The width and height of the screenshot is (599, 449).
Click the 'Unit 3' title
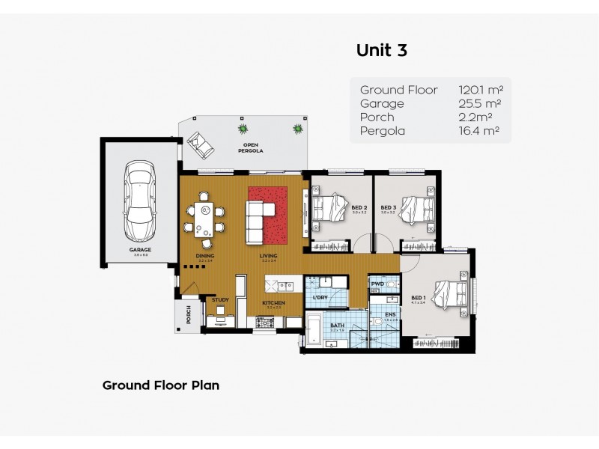pyautogui.click(x=381, y=50)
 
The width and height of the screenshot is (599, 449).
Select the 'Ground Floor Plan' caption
pyautogui.click(x=160, y=385)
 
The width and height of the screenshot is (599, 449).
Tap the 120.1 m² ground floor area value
pyautogui.click(x=479, y=90)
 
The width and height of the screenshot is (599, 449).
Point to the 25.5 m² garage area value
pyautogui.click(x=479, y=104)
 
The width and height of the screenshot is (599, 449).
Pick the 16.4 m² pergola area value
pyautogui.click(x=479, y=131)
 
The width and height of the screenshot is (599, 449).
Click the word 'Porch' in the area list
pyautogui.click(x=377, y=117)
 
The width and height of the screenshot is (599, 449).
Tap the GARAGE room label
pyautogui.click(x=140, y=249)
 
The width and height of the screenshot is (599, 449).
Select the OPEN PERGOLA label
pyautogui.click(x=245, y=147)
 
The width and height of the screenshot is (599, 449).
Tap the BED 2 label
pyautogui.click(x=359, y=207)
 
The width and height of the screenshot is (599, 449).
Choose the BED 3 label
pyautogui.click(x=388, y=207)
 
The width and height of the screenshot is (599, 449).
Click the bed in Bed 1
pyautogui.click(x=448, y=293)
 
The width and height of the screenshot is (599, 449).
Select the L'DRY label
pyautogui.click(x=319, y=299)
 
